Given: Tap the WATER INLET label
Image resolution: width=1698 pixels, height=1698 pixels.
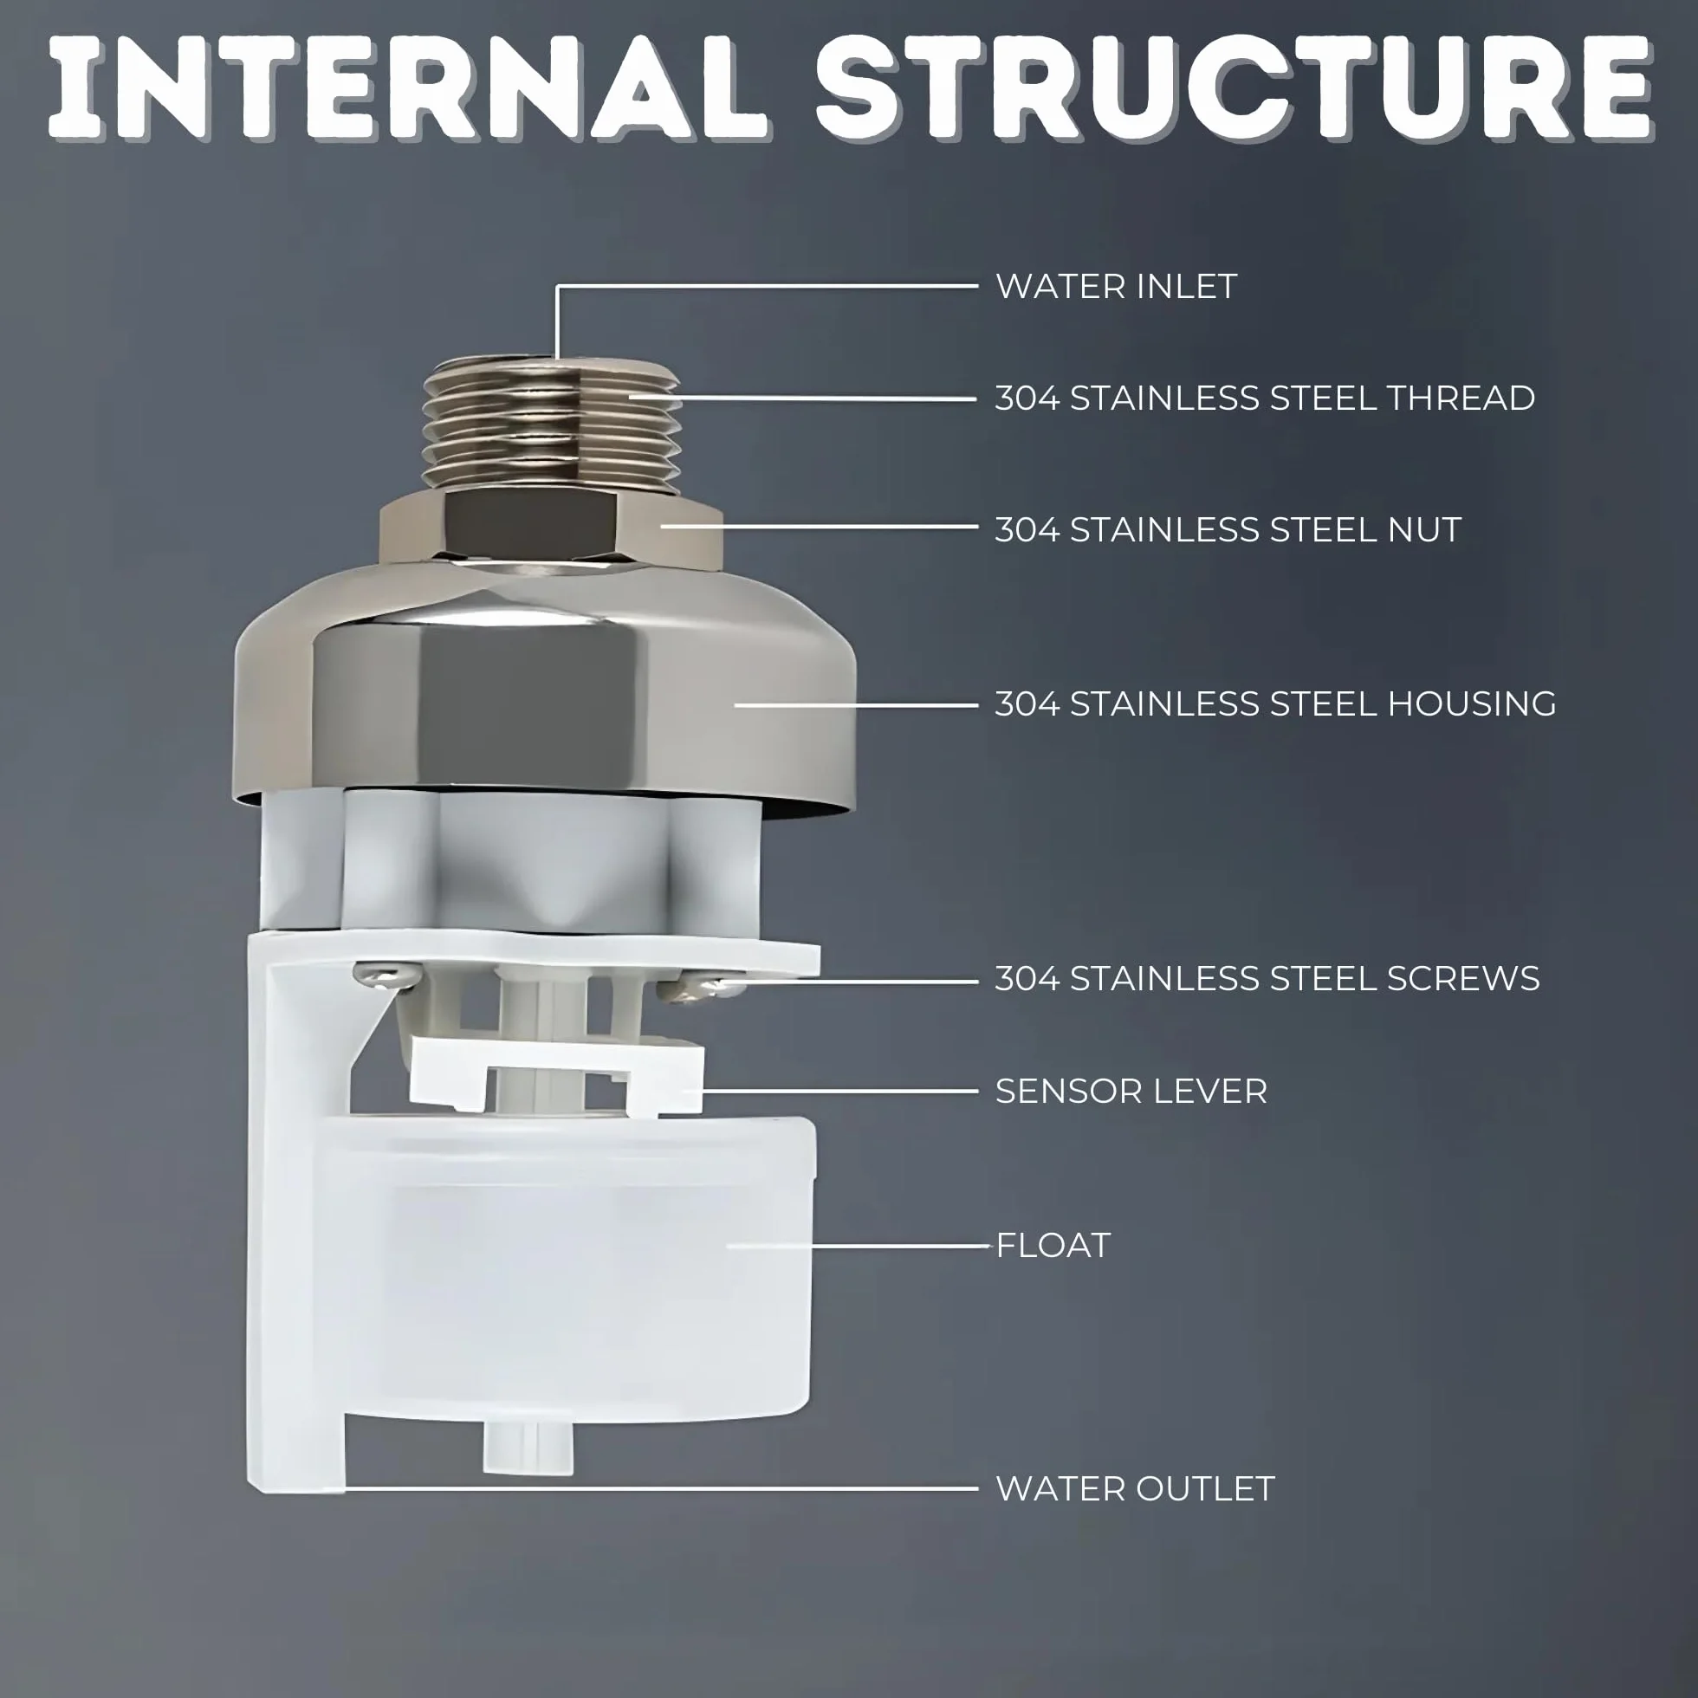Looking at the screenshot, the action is click(1116, 287).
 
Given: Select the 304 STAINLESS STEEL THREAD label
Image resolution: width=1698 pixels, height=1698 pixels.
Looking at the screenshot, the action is click(1265, 399).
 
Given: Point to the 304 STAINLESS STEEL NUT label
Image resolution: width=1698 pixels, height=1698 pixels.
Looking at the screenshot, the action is click(1228, 529).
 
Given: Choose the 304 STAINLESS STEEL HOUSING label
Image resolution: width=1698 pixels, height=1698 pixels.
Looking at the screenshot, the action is click(1275, 703).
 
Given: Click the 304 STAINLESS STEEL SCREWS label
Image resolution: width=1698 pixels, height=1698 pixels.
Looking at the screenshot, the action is click(1267, 978).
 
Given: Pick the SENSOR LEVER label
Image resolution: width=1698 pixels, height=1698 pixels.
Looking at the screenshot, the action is click(1131, 1091).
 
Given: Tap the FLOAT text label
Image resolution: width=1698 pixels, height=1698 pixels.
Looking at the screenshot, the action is click(1053, 1245).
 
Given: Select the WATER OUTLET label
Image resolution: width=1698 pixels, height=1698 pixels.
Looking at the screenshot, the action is click(1135, 1488).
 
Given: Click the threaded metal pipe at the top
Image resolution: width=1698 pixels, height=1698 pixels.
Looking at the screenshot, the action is click(551, 424).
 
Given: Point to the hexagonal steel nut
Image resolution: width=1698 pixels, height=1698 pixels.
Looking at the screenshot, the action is click(551, 528).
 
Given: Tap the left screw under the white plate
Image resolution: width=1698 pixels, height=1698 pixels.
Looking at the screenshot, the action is click(386, 974).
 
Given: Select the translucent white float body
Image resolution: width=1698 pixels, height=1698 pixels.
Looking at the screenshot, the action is click(575, 1266).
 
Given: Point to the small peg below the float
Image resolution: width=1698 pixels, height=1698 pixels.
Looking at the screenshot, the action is click(528, 1444).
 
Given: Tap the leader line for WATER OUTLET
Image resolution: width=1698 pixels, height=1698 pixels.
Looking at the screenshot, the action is click(660, 1489).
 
